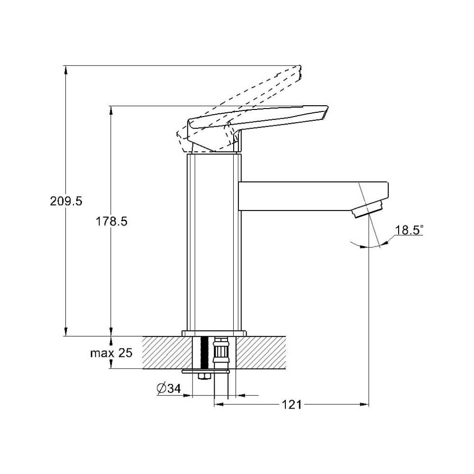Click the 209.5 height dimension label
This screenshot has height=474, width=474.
pos(66,201)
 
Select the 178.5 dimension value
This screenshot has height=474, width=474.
pos(111,221)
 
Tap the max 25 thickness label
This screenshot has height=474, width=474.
pos(111,353)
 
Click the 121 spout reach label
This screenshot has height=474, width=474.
pos(292,404)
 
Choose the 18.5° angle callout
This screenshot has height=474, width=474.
pos(409,230)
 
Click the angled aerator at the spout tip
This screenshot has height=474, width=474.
pos(369,209)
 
